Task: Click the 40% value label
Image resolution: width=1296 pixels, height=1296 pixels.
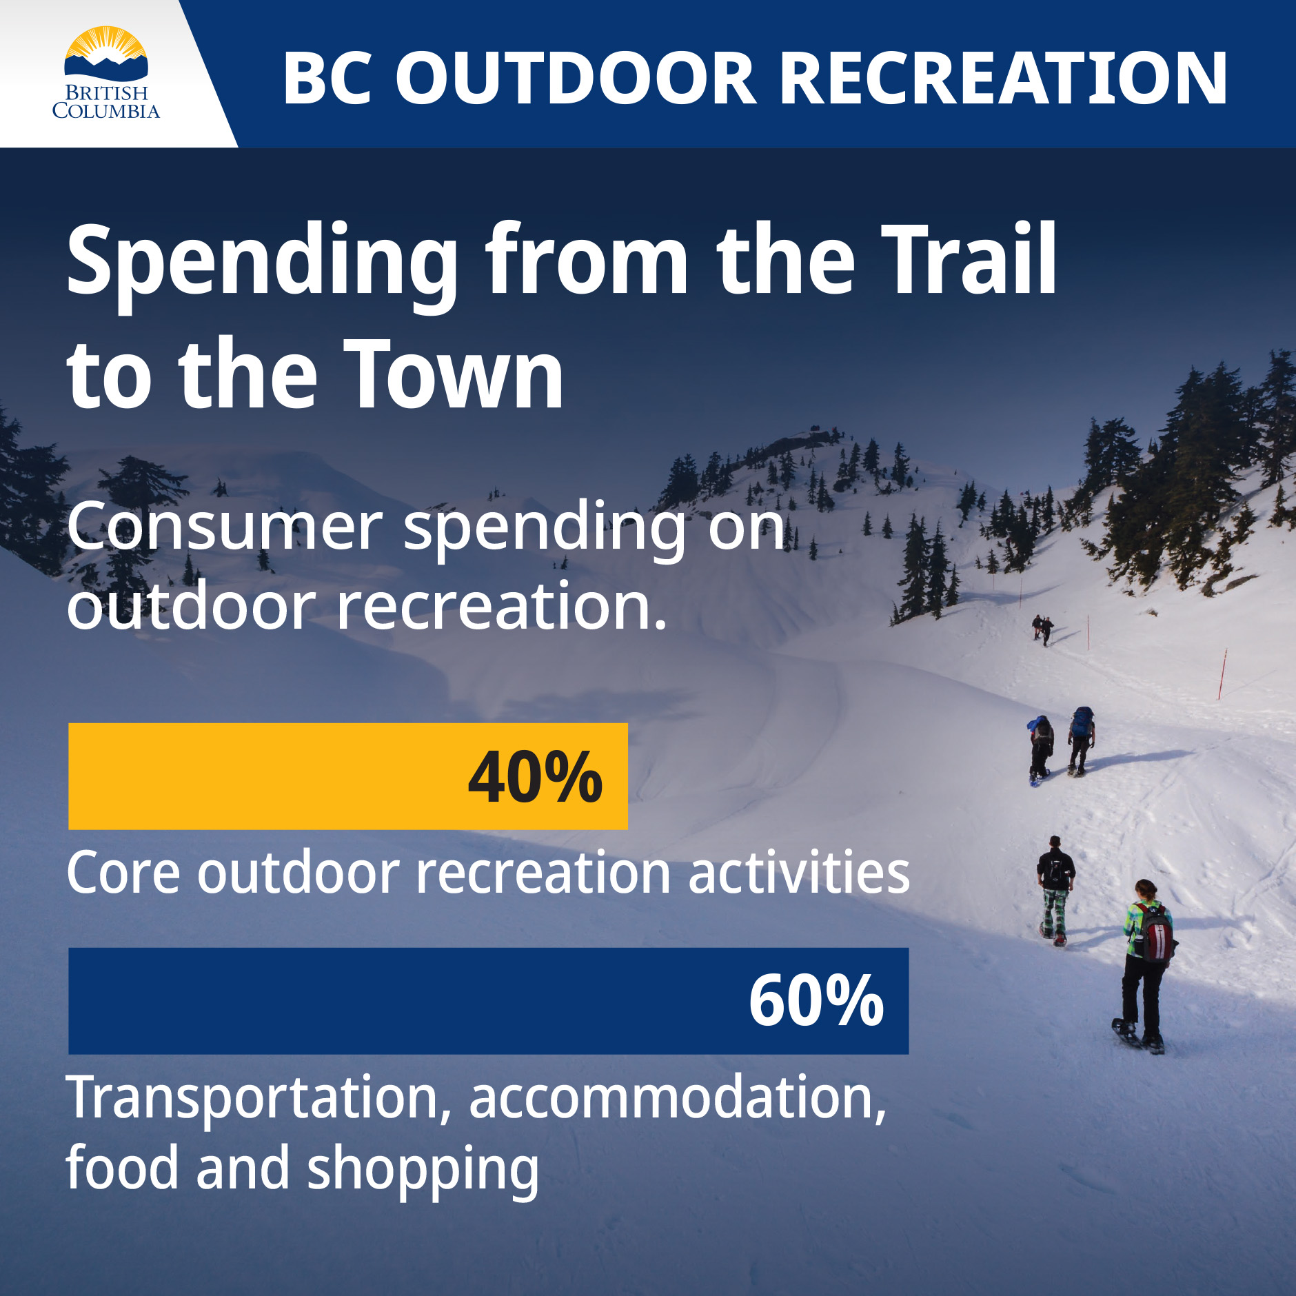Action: pyautogui.click(x=535, y=778)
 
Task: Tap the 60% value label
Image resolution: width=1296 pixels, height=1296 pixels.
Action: pyautogui.click(x=816, y=1002)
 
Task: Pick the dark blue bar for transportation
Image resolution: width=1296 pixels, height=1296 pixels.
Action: pyautogui.click(x=386, y=1001)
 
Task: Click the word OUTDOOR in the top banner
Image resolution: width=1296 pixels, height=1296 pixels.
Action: pyautogui.click(x=576, y=78)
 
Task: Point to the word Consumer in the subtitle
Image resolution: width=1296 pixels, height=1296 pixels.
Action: pyautogui.click(x=224, y=527)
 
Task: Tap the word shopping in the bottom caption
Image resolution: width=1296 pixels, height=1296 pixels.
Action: pyautogui.click(x=422, y=1171)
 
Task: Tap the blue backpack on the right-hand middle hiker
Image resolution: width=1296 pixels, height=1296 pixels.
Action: pyautogui.click(x=1082, y=721)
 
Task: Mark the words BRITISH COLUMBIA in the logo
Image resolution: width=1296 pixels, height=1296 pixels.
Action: pyautogui.click(x=105, y=102)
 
